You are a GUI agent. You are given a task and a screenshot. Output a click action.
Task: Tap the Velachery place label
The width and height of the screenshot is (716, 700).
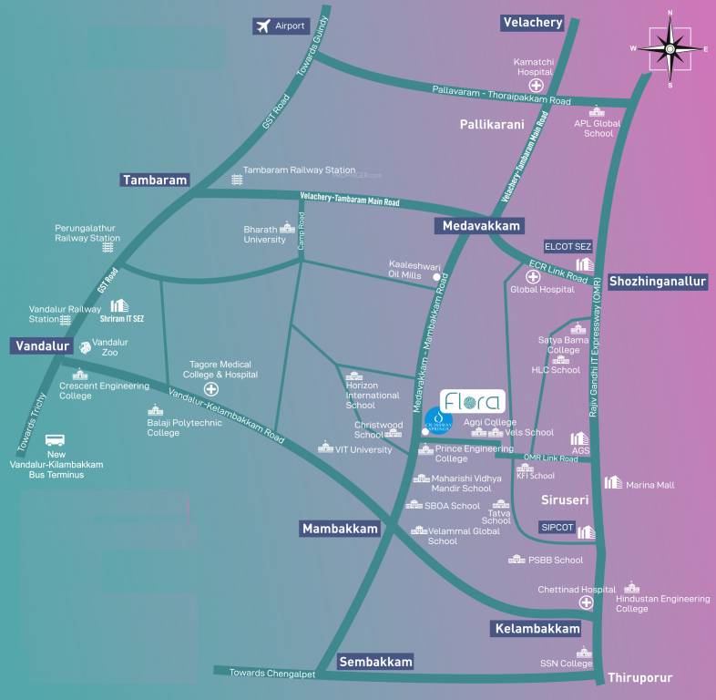[x=533, y=23]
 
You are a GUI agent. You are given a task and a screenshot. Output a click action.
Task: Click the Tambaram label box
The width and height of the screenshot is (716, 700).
[x=156, y=180]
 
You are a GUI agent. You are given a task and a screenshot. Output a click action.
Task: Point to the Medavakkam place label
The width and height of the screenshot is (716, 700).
[x=481, y=225]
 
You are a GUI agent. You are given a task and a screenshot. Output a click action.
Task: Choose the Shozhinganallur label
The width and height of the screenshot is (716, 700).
[x=658, y=282]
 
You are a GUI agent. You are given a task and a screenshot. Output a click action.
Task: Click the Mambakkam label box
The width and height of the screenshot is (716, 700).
[x=340, y=529]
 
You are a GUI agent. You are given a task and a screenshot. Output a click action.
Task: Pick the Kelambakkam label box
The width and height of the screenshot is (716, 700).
[x=536, y=629]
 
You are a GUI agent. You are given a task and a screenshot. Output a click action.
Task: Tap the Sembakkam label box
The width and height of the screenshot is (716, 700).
[x=376, y=662]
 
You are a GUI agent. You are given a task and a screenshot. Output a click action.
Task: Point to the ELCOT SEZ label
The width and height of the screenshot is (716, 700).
[x=568, y=246]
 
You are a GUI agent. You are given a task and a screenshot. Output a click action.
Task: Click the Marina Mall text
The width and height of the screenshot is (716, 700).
[x=650, y=485]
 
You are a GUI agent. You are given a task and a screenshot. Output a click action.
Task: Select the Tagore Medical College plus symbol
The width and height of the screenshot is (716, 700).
[x=211, y=388]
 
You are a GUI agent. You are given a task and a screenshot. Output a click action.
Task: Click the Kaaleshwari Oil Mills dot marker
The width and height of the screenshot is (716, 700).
[x=436, y=277]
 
